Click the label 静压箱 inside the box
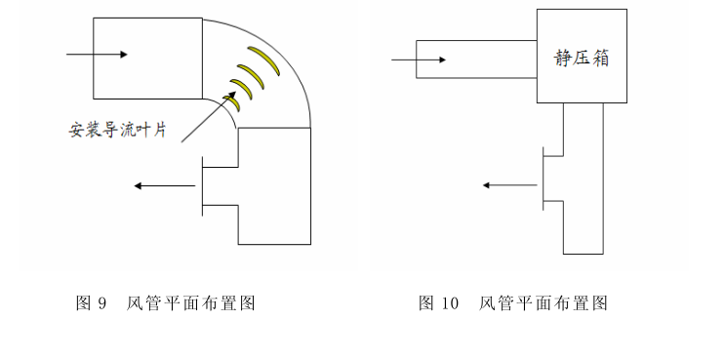click(582, 59)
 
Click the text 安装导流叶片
click(116, 128)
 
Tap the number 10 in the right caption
click(449, 303)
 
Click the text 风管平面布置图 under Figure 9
click(191, 303)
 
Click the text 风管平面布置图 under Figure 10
click(543, 303)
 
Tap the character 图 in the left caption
click(83, 303)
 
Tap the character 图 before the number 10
click(426, 303)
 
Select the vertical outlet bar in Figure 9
click(201, 185)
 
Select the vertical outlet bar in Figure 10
click(543, 178)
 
